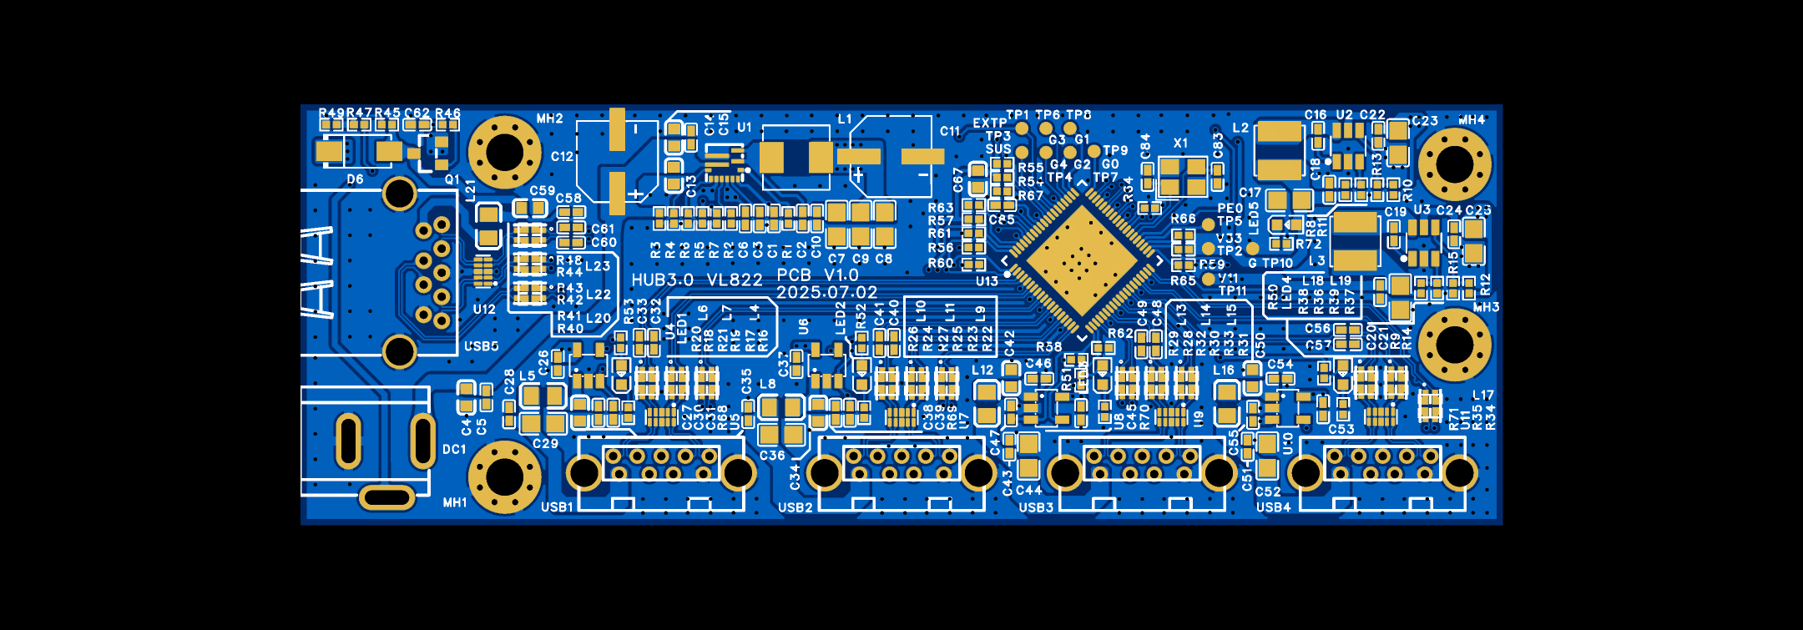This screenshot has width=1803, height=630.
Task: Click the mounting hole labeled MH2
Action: pos(504,153)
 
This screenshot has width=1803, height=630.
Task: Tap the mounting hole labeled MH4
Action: pos(1454,163)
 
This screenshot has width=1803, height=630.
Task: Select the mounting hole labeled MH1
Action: pos(504,476)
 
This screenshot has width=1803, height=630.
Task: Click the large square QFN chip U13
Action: pos(1082,262)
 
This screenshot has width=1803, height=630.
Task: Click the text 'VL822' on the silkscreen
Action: pos(735,280)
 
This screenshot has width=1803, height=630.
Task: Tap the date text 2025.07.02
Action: pos(826,293)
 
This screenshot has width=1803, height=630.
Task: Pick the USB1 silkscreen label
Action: pos(557,507)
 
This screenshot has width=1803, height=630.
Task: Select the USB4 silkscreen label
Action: pos(1273,507)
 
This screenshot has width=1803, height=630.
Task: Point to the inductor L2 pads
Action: pos(1279,150)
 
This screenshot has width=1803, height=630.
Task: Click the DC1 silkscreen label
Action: pos(454,450)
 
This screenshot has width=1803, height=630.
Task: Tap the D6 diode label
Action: pos(355,179)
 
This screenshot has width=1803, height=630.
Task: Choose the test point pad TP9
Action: pos(1093,151)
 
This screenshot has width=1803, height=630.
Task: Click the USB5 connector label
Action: pos(481,346)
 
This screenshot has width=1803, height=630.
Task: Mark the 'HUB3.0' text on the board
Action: pos(662,280)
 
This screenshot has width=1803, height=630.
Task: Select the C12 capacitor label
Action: pos(562,156)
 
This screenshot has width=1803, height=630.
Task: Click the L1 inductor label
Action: pos(845,119)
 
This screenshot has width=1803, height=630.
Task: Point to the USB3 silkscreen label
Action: pos(1036,507)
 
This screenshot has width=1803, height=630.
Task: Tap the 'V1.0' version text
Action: pos(841,275)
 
